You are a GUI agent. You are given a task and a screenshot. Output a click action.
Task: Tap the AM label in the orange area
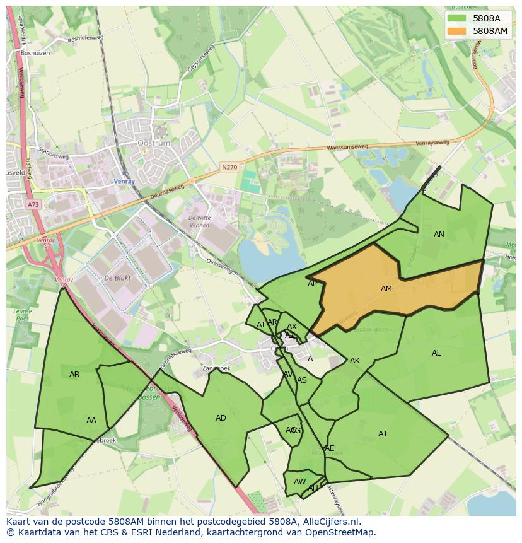(x=386, y=289)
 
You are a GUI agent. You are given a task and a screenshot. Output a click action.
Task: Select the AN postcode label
(x=439, y=235)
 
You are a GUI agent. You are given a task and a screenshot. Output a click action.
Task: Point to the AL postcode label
(x=436, y=353)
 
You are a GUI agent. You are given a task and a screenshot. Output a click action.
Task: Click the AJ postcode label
(x=382, y=433)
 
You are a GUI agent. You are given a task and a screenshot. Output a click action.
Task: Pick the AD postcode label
(x=221, y=418)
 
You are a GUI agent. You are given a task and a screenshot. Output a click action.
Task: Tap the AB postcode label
(x=74, y=375)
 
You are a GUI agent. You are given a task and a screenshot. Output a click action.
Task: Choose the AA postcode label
(x=91, y=421)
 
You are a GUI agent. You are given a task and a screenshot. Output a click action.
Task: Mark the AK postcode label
(x=355, y=361)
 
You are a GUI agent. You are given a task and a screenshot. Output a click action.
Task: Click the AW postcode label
(x=299, y=482)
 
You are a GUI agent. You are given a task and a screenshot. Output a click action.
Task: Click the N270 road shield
(x=229, y=167)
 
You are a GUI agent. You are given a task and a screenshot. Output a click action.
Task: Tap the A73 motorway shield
(x=33, y=204)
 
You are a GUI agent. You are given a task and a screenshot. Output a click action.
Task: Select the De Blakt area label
(x=117, y=278)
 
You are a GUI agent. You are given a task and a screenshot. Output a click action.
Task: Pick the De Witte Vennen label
(x=200, y=221)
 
